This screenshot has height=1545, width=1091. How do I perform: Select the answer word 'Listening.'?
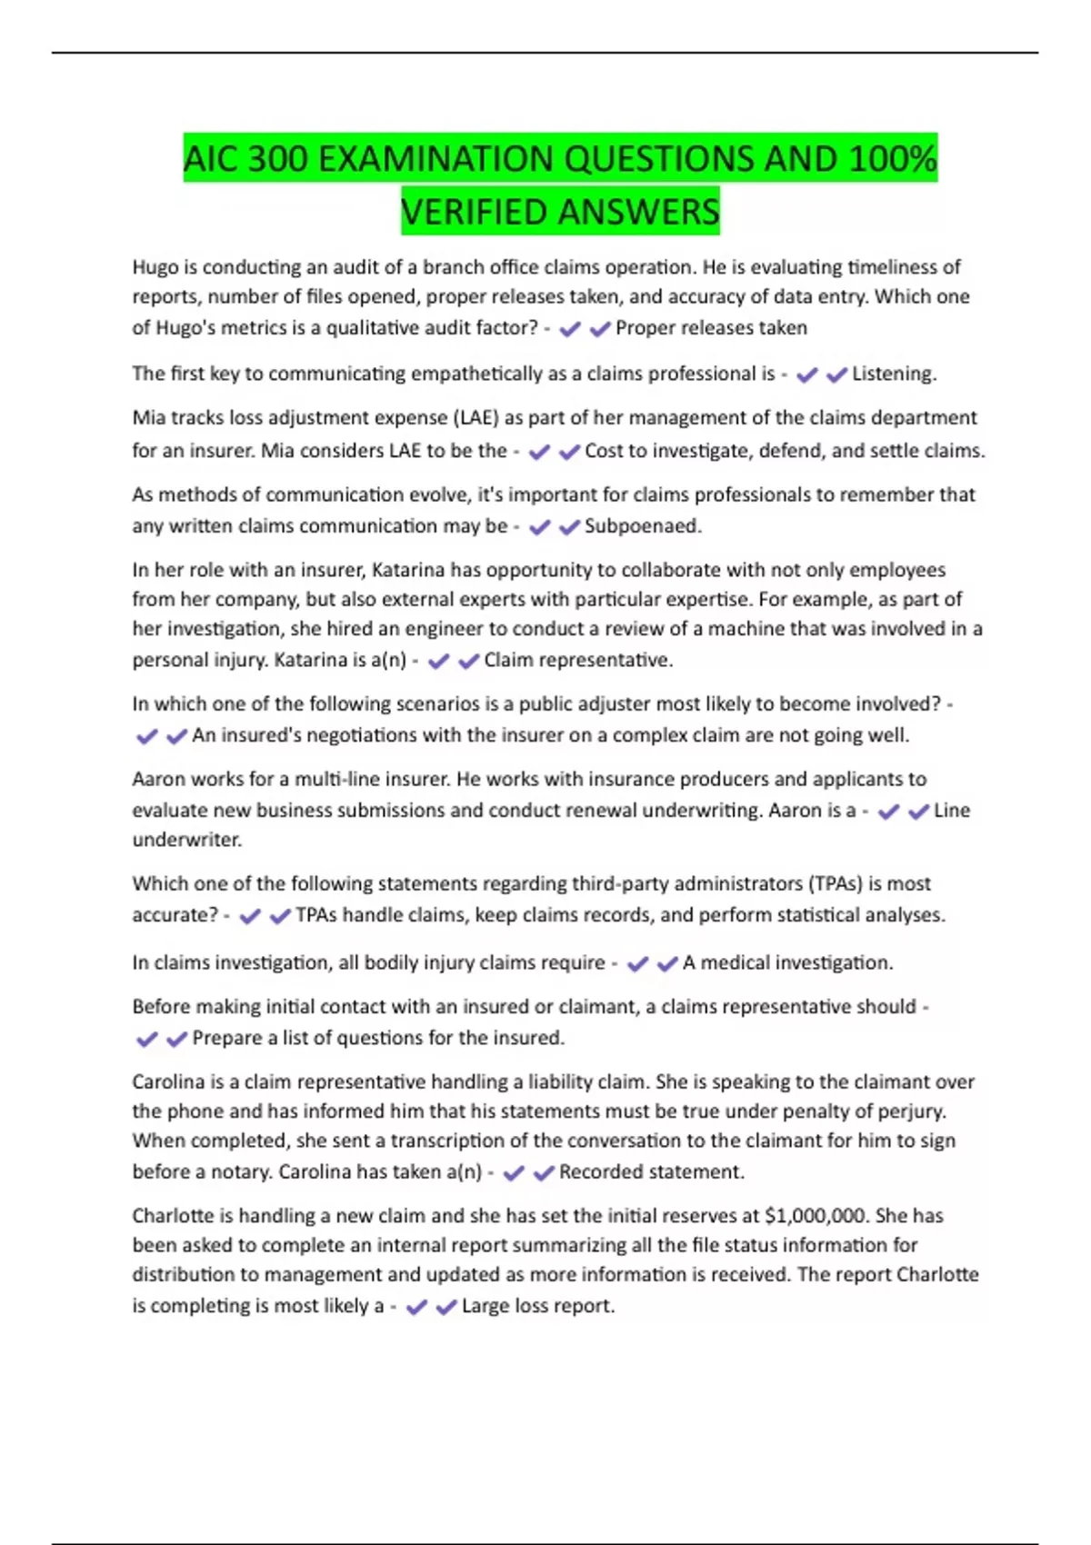(x=894, y=374)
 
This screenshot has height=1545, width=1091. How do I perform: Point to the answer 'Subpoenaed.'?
(x=643, y=526)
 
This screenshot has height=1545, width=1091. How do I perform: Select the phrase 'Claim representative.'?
(x=578, y=660)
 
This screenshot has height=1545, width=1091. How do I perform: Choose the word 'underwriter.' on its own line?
(x=187, y=840)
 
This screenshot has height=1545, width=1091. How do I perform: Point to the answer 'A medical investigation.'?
(x=787, y=962)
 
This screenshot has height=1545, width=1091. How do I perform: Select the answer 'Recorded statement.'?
(x=651, y=1172)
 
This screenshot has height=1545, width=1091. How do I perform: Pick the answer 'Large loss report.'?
(x=538, y=1306)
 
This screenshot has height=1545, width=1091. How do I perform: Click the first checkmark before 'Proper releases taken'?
(x=570, y=329)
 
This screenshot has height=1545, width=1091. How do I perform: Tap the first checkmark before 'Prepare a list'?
(x=146, y=1039)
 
